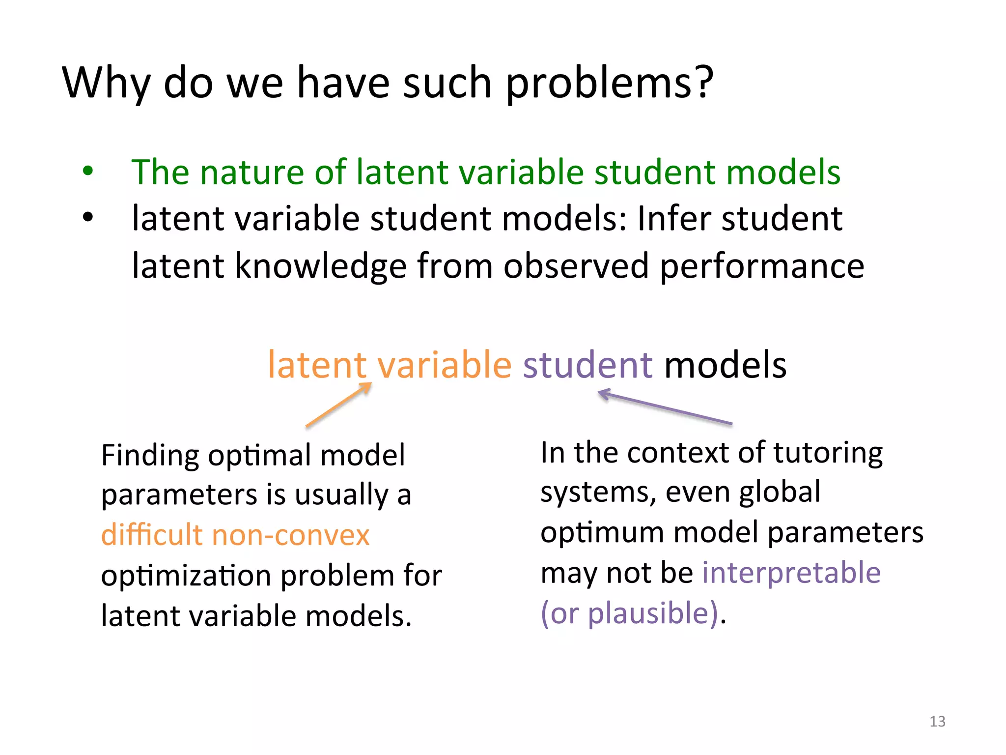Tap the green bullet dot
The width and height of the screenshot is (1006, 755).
pyautogui.click(x=88, y=172)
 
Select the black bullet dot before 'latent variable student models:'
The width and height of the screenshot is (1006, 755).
pyautogui.click(x=88, y=217)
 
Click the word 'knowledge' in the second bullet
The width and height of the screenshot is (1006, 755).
pyautogui.click(x=320, y=266)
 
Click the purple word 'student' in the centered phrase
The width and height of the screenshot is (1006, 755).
pyautogui.click(x=587, y=365)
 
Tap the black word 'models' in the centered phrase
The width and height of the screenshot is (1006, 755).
pyautogui.click(x=725, y=365)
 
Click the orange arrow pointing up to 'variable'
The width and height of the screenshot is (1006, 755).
pyautogui.click(x=338, y=405)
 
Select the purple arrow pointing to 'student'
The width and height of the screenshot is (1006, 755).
pyautogui.click(x=665, y=407)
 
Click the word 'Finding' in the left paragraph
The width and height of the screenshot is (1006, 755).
pyautogui.click(x=149, y=456)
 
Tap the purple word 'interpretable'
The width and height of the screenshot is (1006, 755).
pyautogui.click(x=791, y=573)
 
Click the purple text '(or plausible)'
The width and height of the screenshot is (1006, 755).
pyautogui.click(x=629, y=613)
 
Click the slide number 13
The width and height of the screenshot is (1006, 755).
pyautogui.click(x=937, y=721)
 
